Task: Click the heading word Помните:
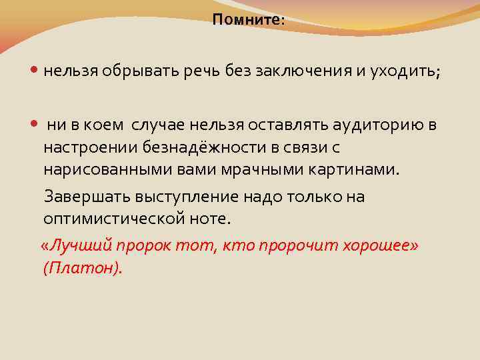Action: [x=248, y=21]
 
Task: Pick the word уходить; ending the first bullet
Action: [x=403, y=72]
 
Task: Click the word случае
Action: [x=159, y=124]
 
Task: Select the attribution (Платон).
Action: [x=83, y=267]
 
